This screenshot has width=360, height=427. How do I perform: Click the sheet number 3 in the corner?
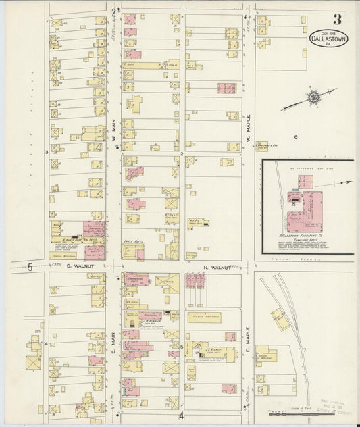(336, 19)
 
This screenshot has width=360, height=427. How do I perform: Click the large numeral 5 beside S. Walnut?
(30, 267)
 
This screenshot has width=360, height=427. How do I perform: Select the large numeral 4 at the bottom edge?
(181, 415)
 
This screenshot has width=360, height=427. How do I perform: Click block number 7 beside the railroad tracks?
(305, 349)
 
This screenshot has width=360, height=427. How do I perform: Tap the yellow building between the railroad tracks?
(280, 318)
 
